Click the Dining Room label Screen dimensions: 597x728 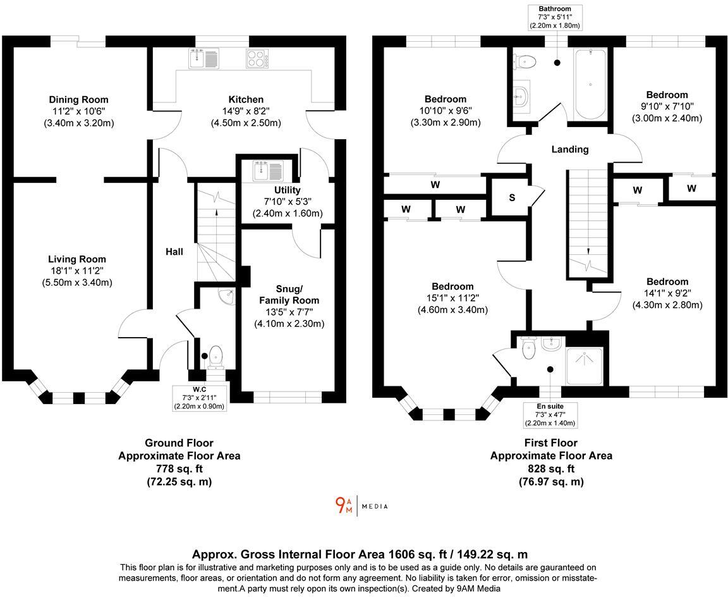(x=78, y=99)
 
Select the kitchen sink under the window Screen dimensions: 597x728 (x=203, y=59)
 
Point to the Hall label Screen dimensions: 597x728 (x=174, y=252)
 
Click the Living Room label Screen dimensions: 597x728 (x=77, y=259)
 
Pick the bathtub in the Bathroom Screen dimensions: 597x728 (x=590, y=83)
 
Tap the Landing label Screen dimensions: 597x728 (x=569, y=149)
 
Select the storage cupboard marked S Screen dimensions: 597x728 (x=511, y=197)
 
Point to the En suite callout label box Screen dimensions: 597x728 (x=549, y=415)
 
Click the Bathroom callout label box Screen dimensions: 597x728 (x=555, y=17)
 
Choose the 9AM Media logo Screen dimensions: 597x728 (x=361, y=505)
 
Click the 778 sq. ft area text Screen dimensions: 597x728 (x=179, y=469)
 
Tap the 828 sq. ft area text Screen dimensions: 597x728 (x=550, y=469)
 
